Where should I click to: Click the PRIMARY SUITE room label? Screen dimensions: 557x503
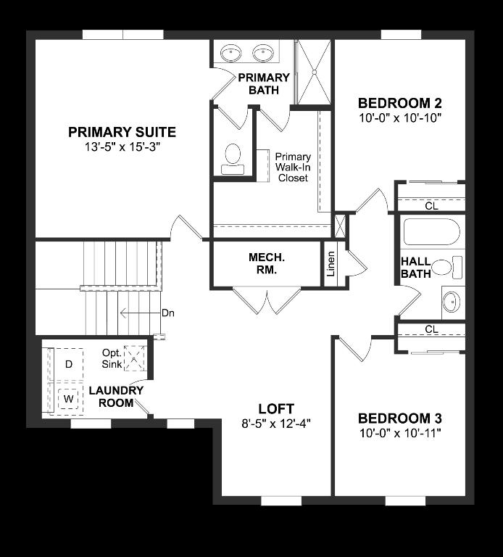[122, 132]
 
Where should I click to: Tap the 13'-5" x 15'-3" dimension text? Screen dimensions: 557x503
[122, 147]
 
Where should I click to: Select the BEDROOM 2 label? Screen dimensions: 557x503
[399, 102]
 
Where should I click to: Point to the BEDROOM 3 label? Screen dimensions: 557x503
[399, 418]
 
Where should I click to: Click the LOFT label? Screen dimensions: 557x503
[277, 408]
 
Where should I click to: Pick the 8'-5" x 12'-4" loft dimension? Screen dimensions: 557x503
[277, 423]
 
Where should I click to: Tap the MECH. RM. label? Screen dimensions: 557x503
[267, 263]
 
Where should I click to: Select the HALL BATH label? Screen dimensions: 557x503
[415, 268]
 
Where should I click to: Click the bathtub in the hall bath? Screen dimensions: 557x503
[431, 232]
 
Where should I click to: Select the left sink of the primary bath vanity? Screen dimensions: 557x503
[231, 52]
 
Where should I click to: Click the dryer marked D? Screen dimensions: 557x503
[69, 363]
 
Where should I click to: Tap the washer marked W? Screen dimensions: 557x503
[69, 398]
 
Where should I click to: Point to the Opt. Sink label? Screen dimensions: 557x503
[112, 358]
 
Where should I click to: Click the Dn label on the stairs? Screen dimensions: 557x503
[168, 313]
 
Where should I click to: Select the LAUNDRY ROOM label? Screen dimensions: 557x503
[116, 397]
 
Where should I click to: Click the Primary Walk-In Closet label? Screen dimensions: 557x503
[293, 168]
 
